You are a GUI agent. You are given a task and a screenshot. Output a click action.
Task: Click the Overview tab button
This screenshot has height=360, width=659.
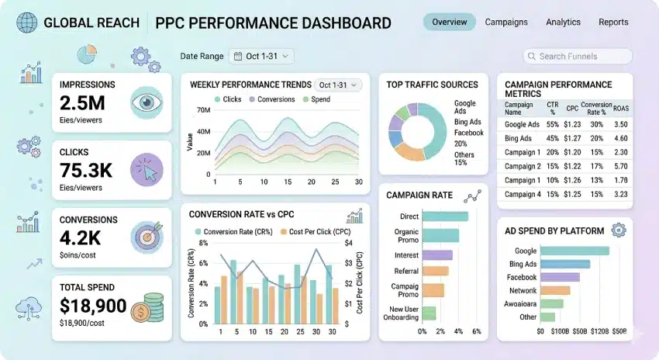(450, 22)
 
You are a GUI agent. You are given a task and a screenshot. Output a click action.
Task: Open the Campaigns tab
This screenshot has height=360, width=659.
(506, 22)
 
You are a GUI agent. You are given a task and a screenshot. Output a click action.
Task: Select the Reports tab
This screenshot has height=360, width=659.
(613, 22)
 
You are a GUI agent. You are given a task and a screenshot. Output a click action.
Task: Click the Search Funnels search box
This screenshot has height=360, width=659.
(578, 56)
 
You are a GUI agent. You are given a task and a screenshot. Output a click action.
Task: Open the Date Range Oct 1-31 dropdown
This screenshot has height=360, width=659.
(261, 56)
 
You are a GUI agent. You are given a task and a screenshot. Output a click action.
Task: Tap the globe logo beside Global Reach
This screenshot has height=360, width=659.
(26, 22)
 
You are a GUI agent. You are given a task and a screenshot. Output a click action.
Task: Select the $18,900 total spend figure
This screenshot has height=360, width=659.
(92, 306)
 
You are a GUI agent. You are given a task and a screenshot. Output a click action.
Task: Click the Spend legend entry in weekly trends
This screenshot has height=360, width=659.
(316, 99)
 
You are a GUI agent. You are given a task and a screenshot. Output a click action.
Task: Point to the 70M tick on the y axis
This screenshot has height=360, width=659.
(205, 111)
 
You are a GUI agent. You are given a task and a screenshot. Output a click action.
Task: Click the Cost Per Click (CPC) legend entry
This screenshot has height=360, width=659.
(311, 231)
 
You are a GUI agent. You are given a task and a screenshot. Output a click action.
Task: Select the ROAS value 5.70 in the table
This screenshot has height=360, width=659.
(621, 166)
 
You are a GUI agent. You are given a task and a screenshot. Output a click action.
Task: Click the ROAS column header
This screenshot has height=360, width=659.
(621, 109)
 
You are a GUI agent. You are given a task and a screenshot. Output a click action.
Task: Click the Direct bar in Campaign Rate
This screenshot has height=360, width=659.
(445, 216)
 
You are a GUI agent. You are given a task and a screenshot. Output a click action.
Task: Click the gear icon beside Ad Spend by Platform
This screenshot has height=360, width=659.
(618, 230)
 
